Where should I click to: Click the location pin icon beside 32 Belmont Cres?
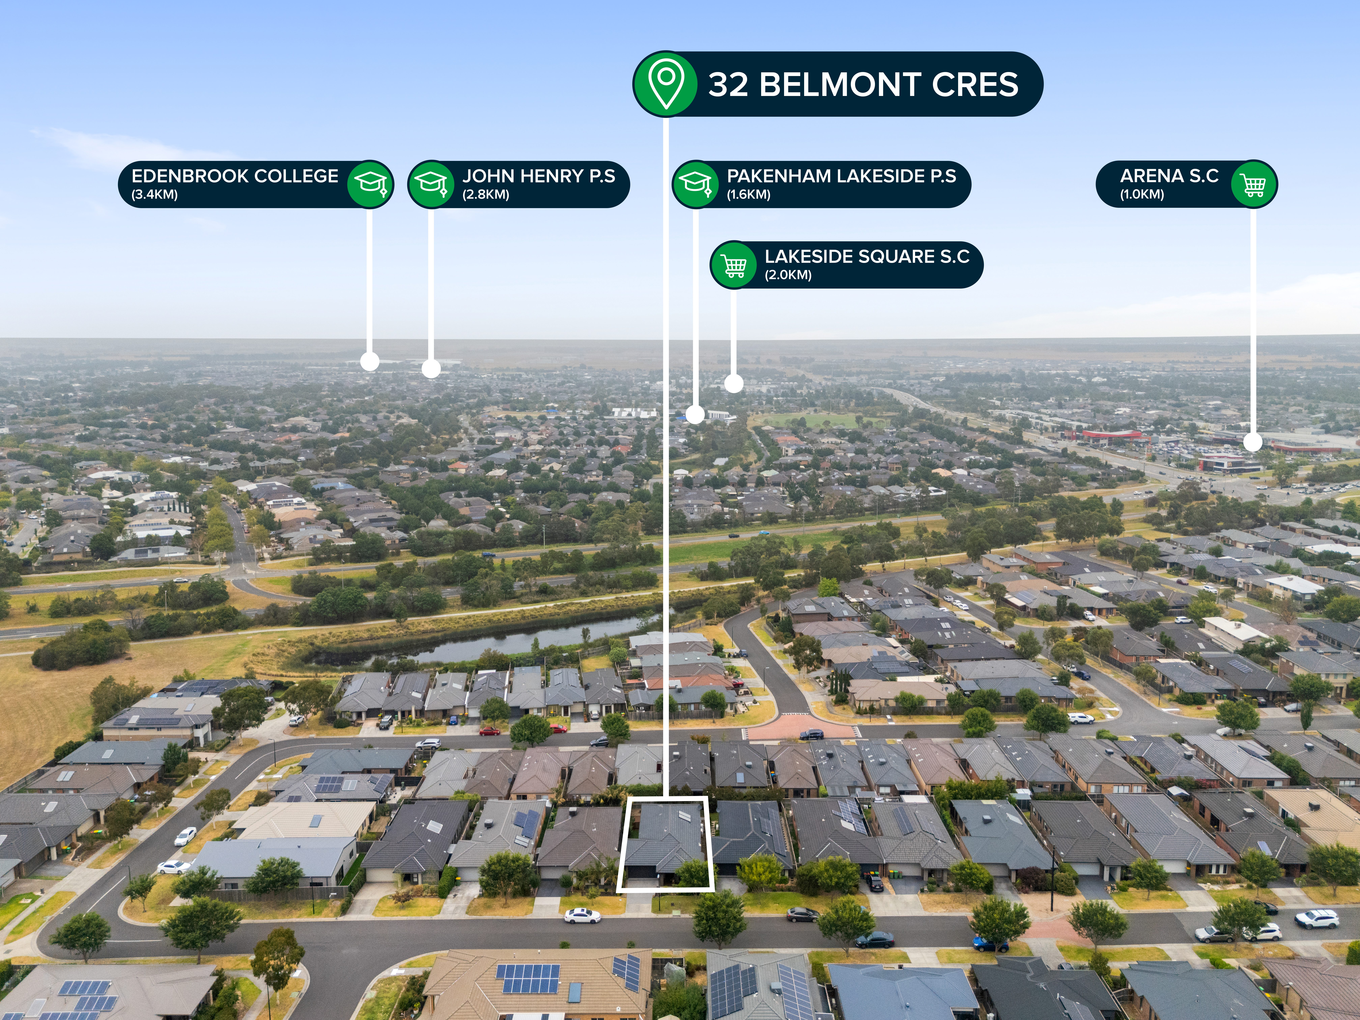[666, 84]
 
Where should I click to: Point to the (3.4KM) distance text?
[154, 195]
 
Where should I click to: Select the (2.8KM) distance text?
[486, 195]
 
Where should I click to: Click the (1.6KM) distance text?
[749, 195]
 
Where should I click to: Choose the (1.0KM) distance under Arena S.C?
[1142, 195]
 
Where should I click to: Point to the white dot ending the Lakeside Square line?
[733, 383]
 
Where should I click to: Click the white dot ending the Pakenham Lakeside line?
[695, 414]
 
